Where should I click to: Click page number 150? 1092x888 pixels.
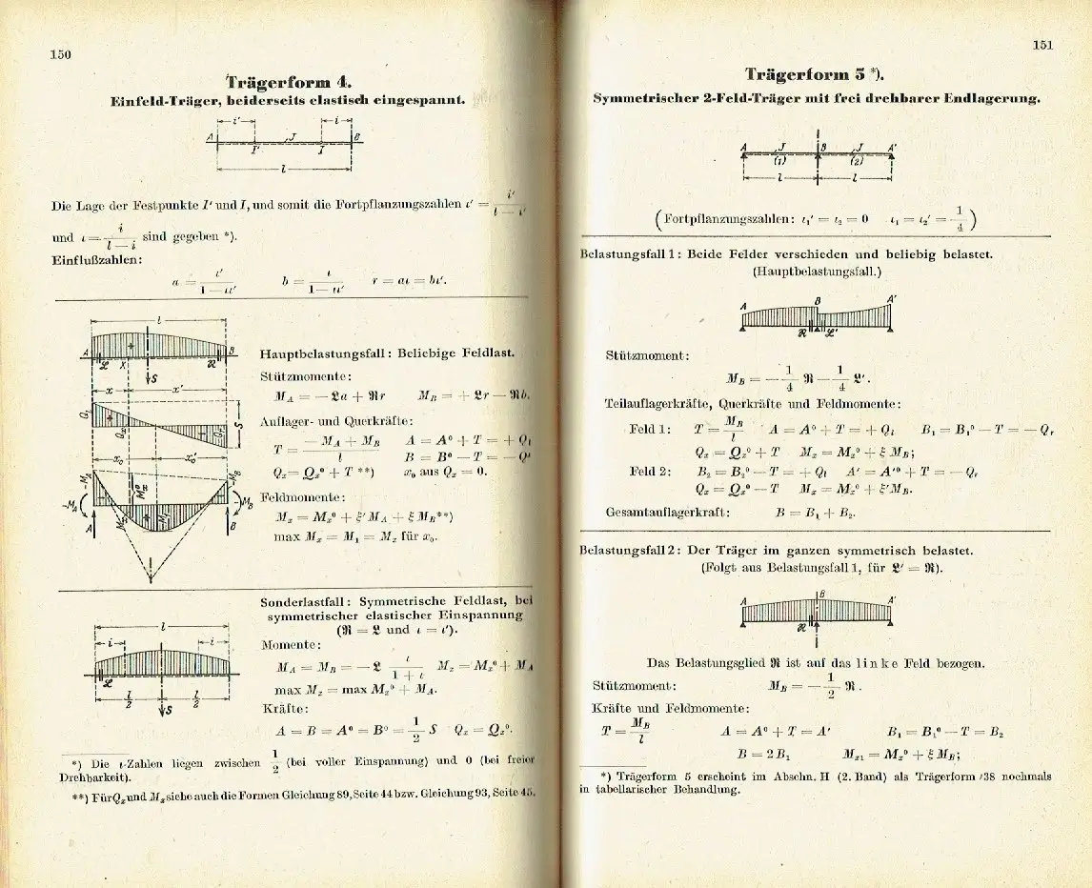(x=61, y=54)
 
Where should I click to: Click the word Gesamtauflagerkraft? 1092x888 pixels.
(x=666, y=512)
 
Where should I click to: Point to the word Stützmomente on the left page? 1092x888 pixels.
(x=299, y=376)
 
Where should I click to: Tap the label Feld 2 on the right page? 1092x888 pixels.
(x=649, y=470)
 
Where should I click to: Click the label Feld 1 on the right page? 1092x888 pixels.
(x=649, y=429)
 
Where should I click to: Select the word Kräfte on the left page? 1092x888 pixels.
(x=285, y=708)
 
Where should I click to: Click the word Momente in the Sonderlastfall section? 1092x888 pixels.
(x=292, y=644)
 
